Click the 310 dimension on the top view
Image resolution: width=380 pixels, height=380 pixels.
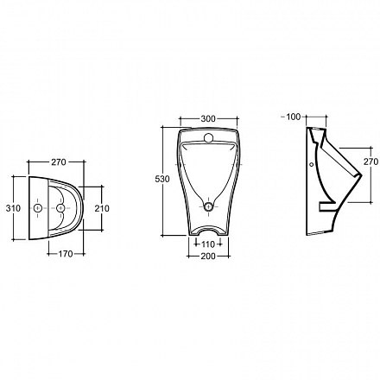[x=13, y=208]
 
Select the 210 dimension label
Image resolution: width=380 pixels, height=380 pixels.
[x=102, y=208]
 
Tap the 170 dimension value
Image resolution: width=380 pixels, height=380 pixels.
[x=66, y=254]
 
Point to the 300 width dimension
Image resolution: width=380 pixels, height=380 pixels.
[x=208, y=118]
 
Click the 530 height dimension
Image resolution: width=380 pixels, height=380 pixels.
[x=162, y=179]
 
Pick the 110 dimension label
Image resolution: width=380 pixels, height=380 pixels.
[x=208, y=244]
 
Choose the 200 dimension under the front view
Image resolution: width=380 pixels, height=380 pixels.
[x=208, y=256]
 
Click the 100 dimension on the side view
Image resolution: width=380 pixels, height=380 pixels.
[x=294, y=117]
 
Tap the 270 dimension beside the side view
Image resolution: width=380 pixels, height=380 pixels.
[x=370, y=161]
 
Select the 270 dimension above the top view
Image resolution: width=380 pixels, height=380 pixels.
[x=59, y=162]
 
